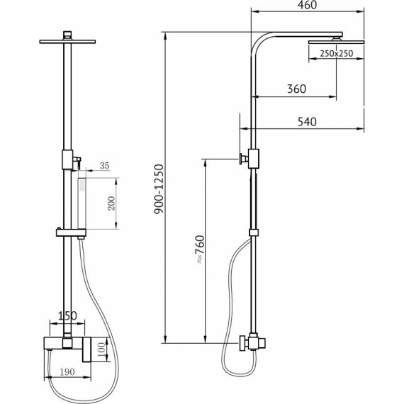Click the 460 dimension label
[307, 5]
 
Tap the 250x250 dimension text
[336, 53]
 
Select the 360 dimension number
[296, 89]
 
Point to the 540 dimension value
[307, 122]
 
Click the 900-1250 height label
[159, 189]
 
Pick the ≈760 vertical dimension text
[200, 249]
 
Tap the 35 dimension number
[104, 166]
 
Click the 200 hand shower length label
[111, 203]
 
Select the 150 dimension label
[67, 315]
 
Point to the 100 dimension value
[102, 349]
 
